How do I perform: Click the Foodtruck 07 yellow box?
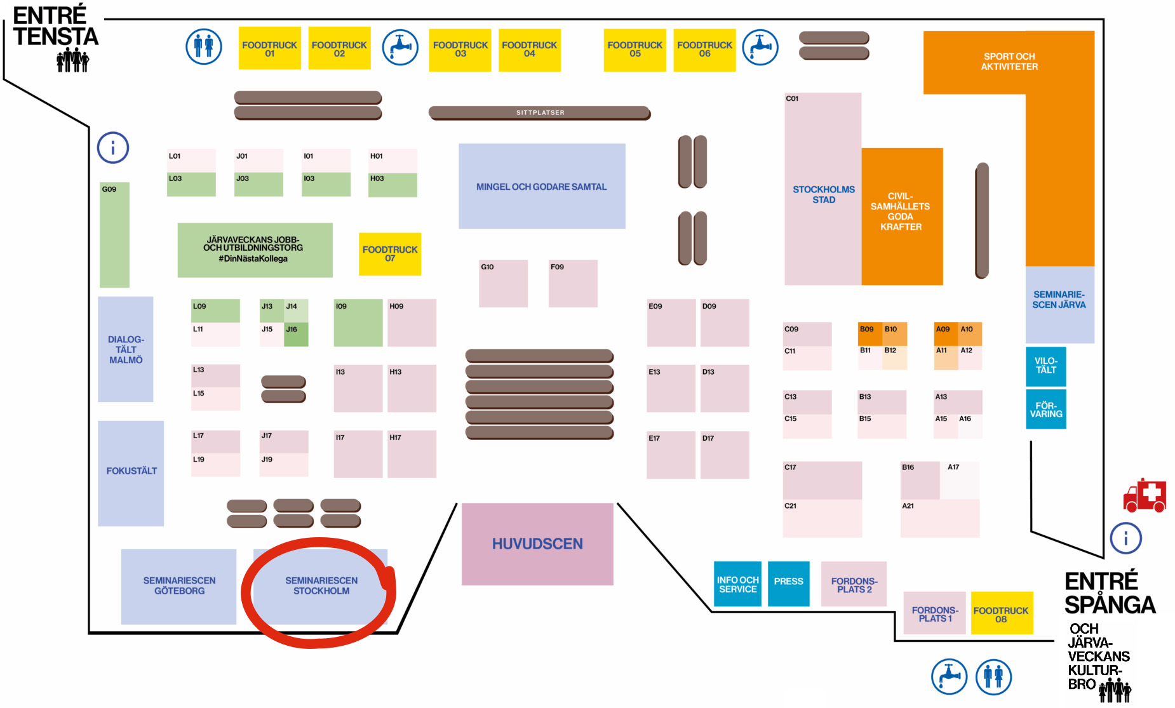389,254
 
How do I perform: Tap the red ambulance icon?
1145,496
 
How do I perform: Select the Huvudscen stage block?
537,544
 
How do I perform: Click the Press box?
788,583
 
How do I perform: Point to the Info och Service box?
737,584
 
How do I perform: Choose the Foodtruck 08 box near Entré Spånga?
1001,613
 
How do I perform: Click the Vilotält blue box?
1045,366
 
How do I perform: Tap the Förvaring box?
1045,410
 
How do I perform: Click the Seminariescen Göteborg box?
178,586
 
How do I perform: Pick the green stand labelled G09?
114,235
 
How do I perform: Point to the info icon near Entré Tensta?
113,148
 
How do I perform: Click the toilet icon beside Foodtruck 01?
204,46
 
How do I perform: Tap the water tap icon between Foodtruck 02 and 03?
400,47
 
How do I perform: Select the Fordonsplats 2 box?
854,584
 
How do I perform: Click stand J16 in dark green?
296,334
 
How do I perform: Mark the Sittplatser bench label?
540,113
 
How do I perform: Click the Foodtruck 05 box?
634,50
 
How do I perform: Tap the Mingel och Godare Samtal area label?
542,187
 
